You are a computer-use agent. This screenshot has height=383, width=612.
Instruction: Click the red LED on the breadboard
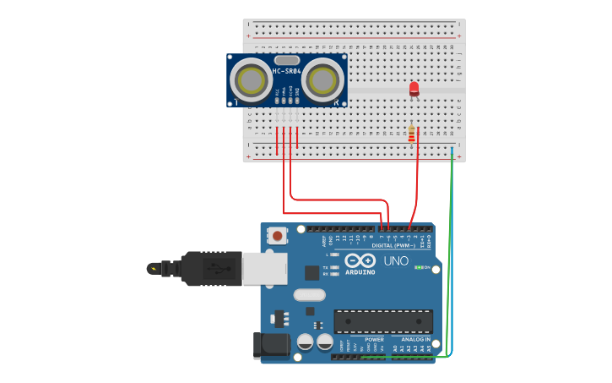(414, 88)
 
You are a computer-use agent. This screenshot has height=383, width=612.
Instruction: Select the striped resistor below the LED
(412, 134)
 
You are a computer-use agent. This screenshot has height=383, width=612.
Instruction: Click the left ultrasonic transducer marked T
(251, 80)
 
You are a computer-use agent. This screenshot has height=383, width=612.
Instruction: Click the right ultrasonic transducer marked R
(323, 80)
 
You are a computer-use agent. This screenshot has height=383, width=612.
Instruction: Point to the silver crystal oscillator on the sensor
(287, 60)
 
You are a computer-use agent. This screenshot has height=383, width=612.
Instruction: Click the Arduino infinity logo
(360, 261)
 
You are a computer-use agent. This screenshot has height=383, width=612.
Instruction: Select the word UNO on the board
(396, 261)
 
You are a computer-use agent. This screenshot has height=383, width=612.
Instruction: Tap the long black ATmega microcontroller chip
(382, 321)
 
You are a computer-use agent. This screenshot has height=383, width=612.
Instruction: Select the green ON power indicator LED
(419, 268)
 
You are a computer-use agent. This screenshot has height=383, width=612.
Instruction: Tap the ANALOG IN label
(415, 339)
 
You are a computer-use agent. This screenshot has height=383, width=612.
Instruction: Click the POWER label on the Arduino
(374, 339)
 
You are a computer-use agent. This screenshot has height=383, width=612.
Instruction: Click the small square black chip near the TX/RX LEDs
(312, 272)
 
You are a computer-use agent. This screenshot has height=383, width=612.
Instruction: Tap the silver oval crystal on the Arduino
(309, 295)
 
